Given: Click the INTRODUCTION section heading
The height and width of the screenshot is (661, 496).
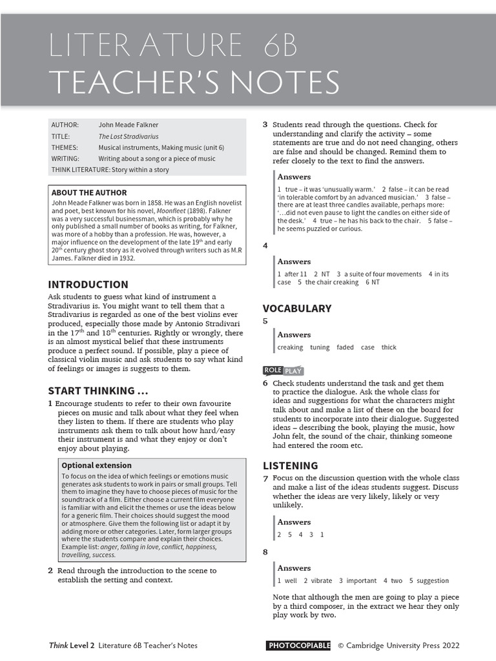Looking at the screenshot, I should pyautogui.click(x=88, y=284).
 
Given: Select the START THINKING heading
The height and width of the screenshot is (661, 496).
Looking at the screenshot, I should pyautogui.click(x=98, y=391).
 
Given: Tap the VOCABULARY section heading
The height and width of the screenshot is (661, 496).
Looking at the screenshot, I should pyautogui.click(x=297, y=308).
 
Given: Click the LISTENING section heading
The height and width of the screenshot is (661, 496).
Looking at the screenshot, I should pyautogui.click(x=291, y=465).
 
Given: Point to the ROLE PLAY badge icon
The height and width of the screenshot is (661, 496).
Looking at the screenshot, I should pyautogui.click(x=283, y=371).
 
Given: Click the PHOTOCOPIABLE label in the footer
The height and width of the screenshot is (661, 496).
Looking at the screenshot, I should pyautogui.click(x=298, y=645).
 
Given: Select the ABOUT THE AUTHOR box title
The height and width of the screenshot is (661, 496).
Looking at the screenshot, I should pyautogui.click(x=89, y=192).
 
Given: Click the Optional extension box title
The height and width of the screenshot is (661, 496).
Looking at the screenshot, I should pyautogui.click(x=96, y=465).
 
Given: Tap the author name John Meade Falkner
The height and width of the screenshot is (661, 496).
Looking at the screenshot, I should pyautogui.click(x=129, y=125).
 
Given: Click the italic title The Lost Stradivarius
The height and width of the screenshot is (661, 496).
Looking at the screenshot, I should pyautogui.click(x=129, y=136).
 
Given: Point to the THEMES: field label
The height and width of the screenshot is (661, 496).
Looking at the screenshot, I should pyautogui.click(x=65, y=147).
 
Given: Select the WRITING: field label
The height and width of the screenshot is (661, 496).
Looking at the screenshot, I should pyautogui.click(x=65, y=158).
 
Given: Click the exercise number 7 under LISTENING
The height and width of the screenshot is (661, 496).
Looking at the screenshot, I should pyautogui.click(x=265, y=478).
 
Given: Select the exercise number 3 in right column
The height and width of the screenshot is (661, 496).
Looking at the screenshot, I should pyautogui.click(x=265, y=125).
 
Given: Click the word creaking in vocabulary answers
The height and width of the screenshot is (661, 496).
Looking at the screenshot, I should pyautogui.click(x=290, y=347).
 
